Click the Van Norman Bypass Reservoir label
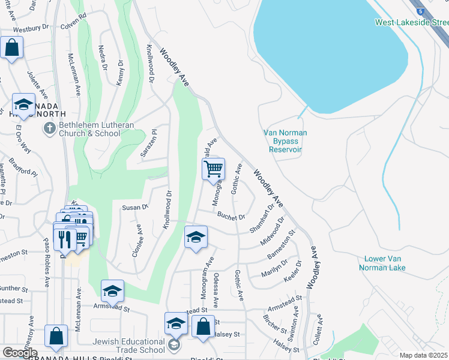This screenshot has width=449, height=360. coord(285,141)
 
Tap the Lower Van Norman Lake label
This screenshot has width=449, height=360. coord(385,263)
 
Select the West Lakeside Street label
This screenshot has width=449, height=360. coord(412,23)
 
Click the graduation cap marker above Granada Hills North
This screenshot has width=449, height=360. coord(23,104)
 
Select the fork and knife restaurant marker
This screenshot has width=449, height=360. coord(65,238)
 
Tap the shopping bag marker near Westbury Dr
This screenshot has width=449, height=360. coord(11,47)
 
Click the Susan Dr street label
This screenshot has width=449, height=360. coord(135,207)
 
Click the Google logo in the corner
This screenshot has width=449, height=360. coord(20,353)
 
